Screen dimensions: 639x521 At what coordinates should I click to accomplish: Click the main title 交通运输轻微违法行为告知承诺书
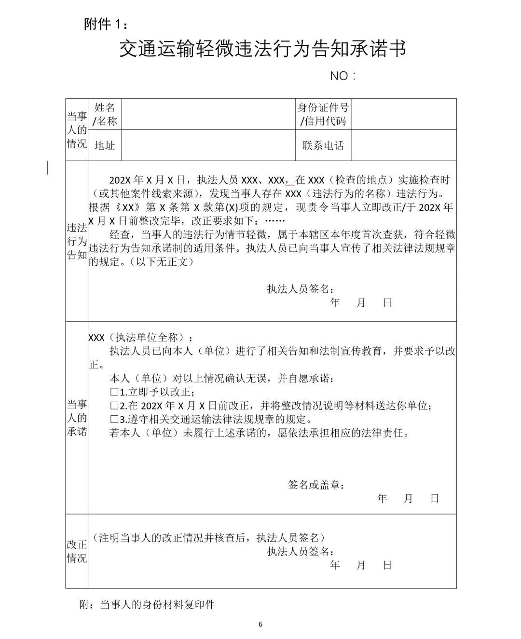pyautogui.click(x=262, y=49)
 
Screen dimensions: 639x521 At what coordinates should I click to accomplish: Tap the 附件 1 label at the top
pyautogui.click(x=106, y=24)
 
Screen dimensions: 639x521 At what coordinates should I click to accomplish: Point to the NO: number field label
pyautogui.click(x=343, y=76)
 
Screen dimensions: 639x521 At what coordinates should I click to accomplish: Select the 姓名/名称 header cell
pyautogui.click(x=105, y=114)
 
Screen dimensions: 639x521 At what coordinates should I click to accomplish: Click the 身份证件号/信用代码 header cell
pyautogui.click(x=323, y=114)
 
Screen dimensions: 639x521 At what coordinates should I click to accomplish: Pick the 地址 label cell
pyautogui.click(x=105, y=145)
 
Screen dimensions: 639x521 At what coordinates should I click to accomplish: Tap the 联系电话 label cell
pyautogui.click(x=323, y=145)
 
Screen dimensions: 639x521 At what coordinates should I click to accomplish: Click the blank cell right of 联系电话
pyautogui.click(x=403, y=145)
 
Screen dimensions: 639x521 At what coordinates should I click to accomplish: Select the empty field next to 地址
pyautogui.click(x=208, y=145)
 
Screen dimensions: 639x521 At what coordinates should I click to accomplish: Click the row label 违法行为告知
pyautogui.click(x=77, y=242)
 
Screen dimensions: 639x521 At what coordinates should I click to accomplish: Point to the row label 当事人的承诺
pyautogui.click(x=77, y=418)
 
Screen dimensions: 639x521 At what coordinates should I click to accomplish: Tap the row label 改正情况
pyautogui.click(x=77, y=551)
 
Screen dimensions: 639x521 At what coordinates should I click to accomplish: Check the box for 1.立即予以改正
pyautogui.click(x=114, y=392)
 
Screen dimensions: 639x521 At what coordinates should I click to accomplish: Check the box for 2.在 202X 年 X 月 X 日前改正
pyautogui.click(x=114, y=406)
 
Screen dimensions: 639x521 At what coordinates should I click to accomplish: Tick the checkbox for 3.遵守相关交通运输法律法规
pyautogui.click(x=114, y=419)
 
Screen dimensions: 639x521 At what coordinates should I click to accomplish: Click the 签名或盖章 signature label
pyautogui.click(x=316, y=485)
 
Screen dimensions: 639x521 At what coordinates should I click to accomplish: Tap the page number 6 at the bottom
pyautogui.click(x=260, y=625)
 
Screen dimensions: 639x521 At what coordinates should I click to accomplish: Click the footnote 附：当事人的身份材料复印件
pyautogui.click(x=147, y=605)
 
